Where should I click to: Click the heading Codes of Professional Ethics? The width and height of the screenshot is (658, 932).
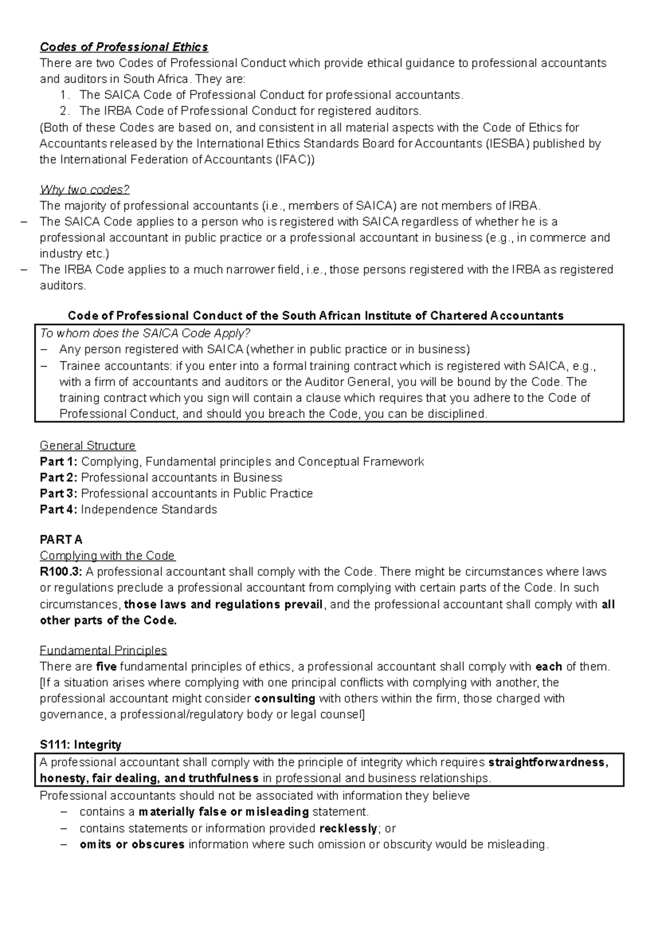[x=124, y=47]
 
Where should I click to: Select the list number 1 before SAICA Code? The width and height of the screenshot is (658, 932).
[x=65, y=95]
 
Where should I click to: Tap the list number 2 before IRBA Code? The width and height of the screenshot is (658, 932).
[x=65, y=111]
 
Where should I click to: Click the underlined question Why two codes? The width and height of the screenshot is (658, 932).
[x=84, y=190]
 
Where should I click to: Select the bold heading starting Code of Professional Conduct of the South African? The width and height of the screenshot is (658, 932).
[x=315, y=316]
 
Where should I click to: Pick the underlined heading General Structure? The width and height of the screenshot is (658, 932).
[x=88, y=446]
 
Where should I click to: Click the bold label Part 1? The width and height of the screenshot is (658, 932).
[x=59, y=462]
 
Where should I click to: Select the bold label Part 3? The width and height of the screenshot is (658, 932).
[x=59, y=493]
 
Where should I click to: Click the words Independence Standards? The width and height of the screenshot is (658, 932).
[x=149, y=509]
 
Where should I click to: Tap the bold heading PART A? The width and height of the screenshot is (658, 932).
[x=61, y=540]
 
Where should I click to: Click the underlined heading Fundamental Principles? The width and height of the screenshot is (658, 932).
[x=103, y=650]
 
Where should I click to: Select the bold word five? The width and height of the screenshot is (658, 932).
[x=106, y=667]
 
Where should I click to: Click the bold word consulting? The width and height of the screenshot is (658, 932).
[x=285, y=699]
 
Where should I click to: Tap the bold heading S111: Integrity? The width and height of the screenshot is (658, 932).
[x=81, y=745]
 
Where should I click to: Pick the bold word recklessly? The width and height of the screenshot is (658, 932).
[x=349, y=828]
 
